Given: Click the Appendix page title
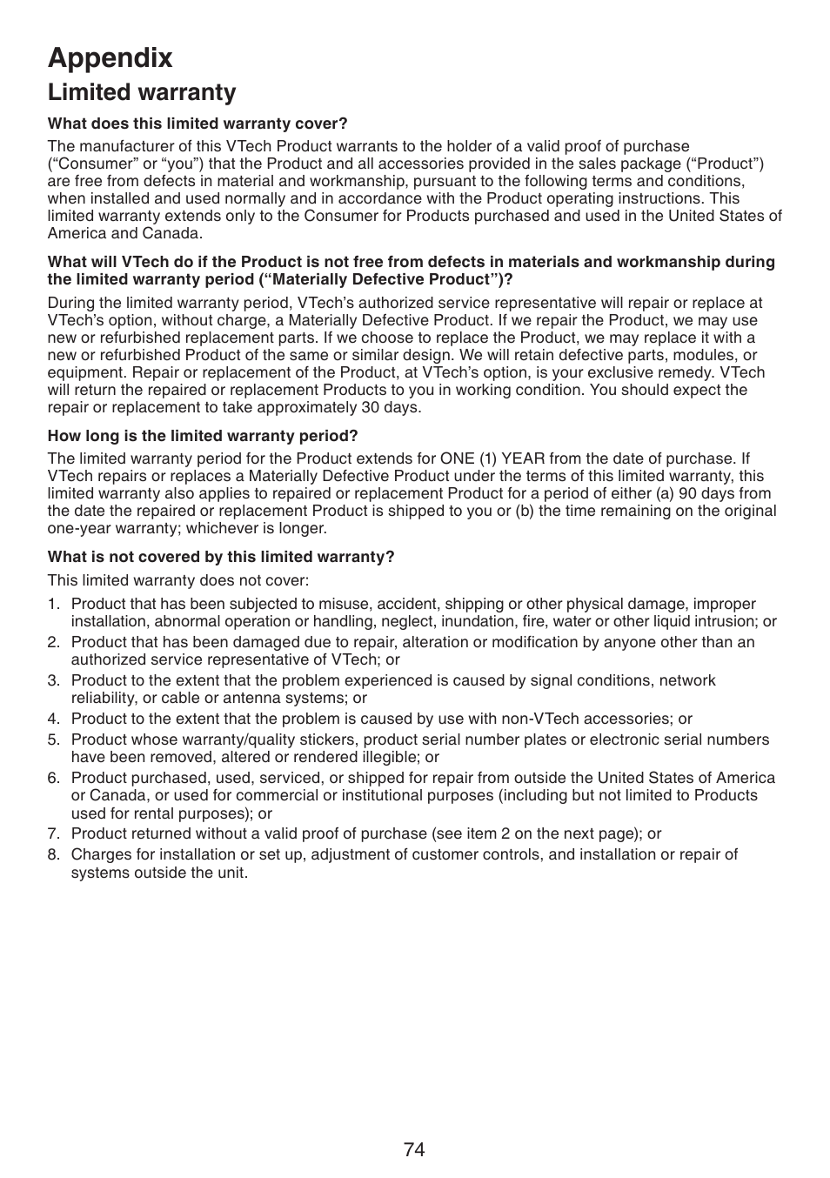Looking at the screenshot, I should pyautogui.click(x=110, y=57).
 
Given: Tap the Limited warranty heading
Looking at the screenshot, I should pyautogui.click(x=142, y=92).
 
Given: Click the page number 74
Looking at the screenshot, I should pyautogui.click(x=414, y=1149).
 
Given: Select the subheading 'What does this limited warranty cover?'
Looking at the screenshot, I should pyautogui.click(x=197, y=124).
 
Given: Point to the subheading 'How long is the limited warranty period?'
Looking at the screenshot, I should pyautogui.click(x=203, y=435).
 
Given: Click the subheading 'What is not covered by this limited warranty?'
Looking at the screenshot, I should pyautogui.click(x=221, y=557).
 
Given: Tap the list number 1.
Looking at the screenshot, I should pyautogui.click(x=52, y=605).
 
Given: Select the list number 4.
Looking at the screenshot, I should pyautogui.click(x=53, y=719).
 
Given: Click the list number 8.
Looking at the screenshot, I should pyautogui.click(x=53, y=854).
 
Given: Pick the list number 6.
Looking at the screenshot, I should pyautogui.click(x=53, y=778).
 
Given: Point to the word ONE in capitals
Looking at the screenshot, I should pyautogui.click(x=457, y=458).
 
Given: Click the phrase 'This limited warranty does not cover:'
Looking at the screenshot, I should pyautogui.click(x=178, y=580).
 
